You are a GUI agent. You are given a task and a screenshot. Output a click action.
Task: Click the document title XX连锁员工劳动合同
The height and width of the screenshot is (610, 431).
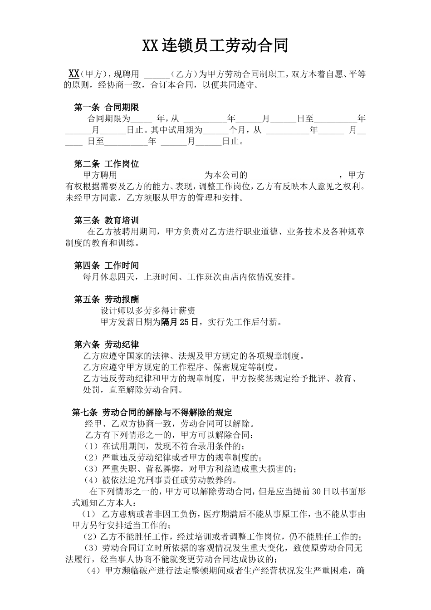click(215, 45)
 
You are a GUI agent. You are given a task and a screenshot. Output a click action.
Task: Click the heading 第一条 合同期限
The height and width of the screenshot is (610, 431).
click(106, 108)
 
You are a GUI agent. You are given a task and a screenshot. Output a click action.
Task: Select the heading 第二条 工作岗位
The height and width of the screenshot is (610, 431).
click(106, 164)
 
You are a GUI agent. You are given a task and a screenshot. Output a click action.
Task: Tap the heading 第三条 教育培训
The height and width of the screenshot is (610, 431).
click(106, 221)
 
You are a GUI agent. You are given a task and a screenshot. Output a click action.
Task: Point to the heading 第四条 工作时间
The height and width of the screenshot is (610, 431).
click(106, 266)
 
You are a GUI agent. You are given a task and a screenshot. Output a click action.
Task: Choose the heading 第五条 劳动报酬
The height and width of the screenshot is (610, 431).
click(106, 300)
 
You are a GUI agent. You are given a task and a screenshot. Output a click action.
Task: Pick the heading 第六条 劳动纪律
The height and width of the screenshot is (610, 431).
click(106, 345)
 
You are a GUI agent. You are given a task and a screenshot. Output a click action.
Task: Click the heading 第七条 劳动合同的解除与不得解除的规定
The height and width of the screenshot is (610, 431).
click(152, 413)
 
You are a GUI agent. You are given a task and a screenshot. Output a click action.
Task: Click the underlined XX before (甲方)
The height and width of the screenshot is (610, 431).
click(74, 74)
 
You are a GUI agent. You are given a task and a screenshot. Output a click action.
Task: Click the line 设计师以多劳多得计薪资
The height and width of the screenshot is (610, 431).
click(148, 311)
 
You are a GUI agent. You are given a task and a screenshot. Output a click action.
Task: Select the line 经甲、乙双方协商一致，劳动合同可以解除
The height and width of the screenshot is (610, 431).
click(169, 424)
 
